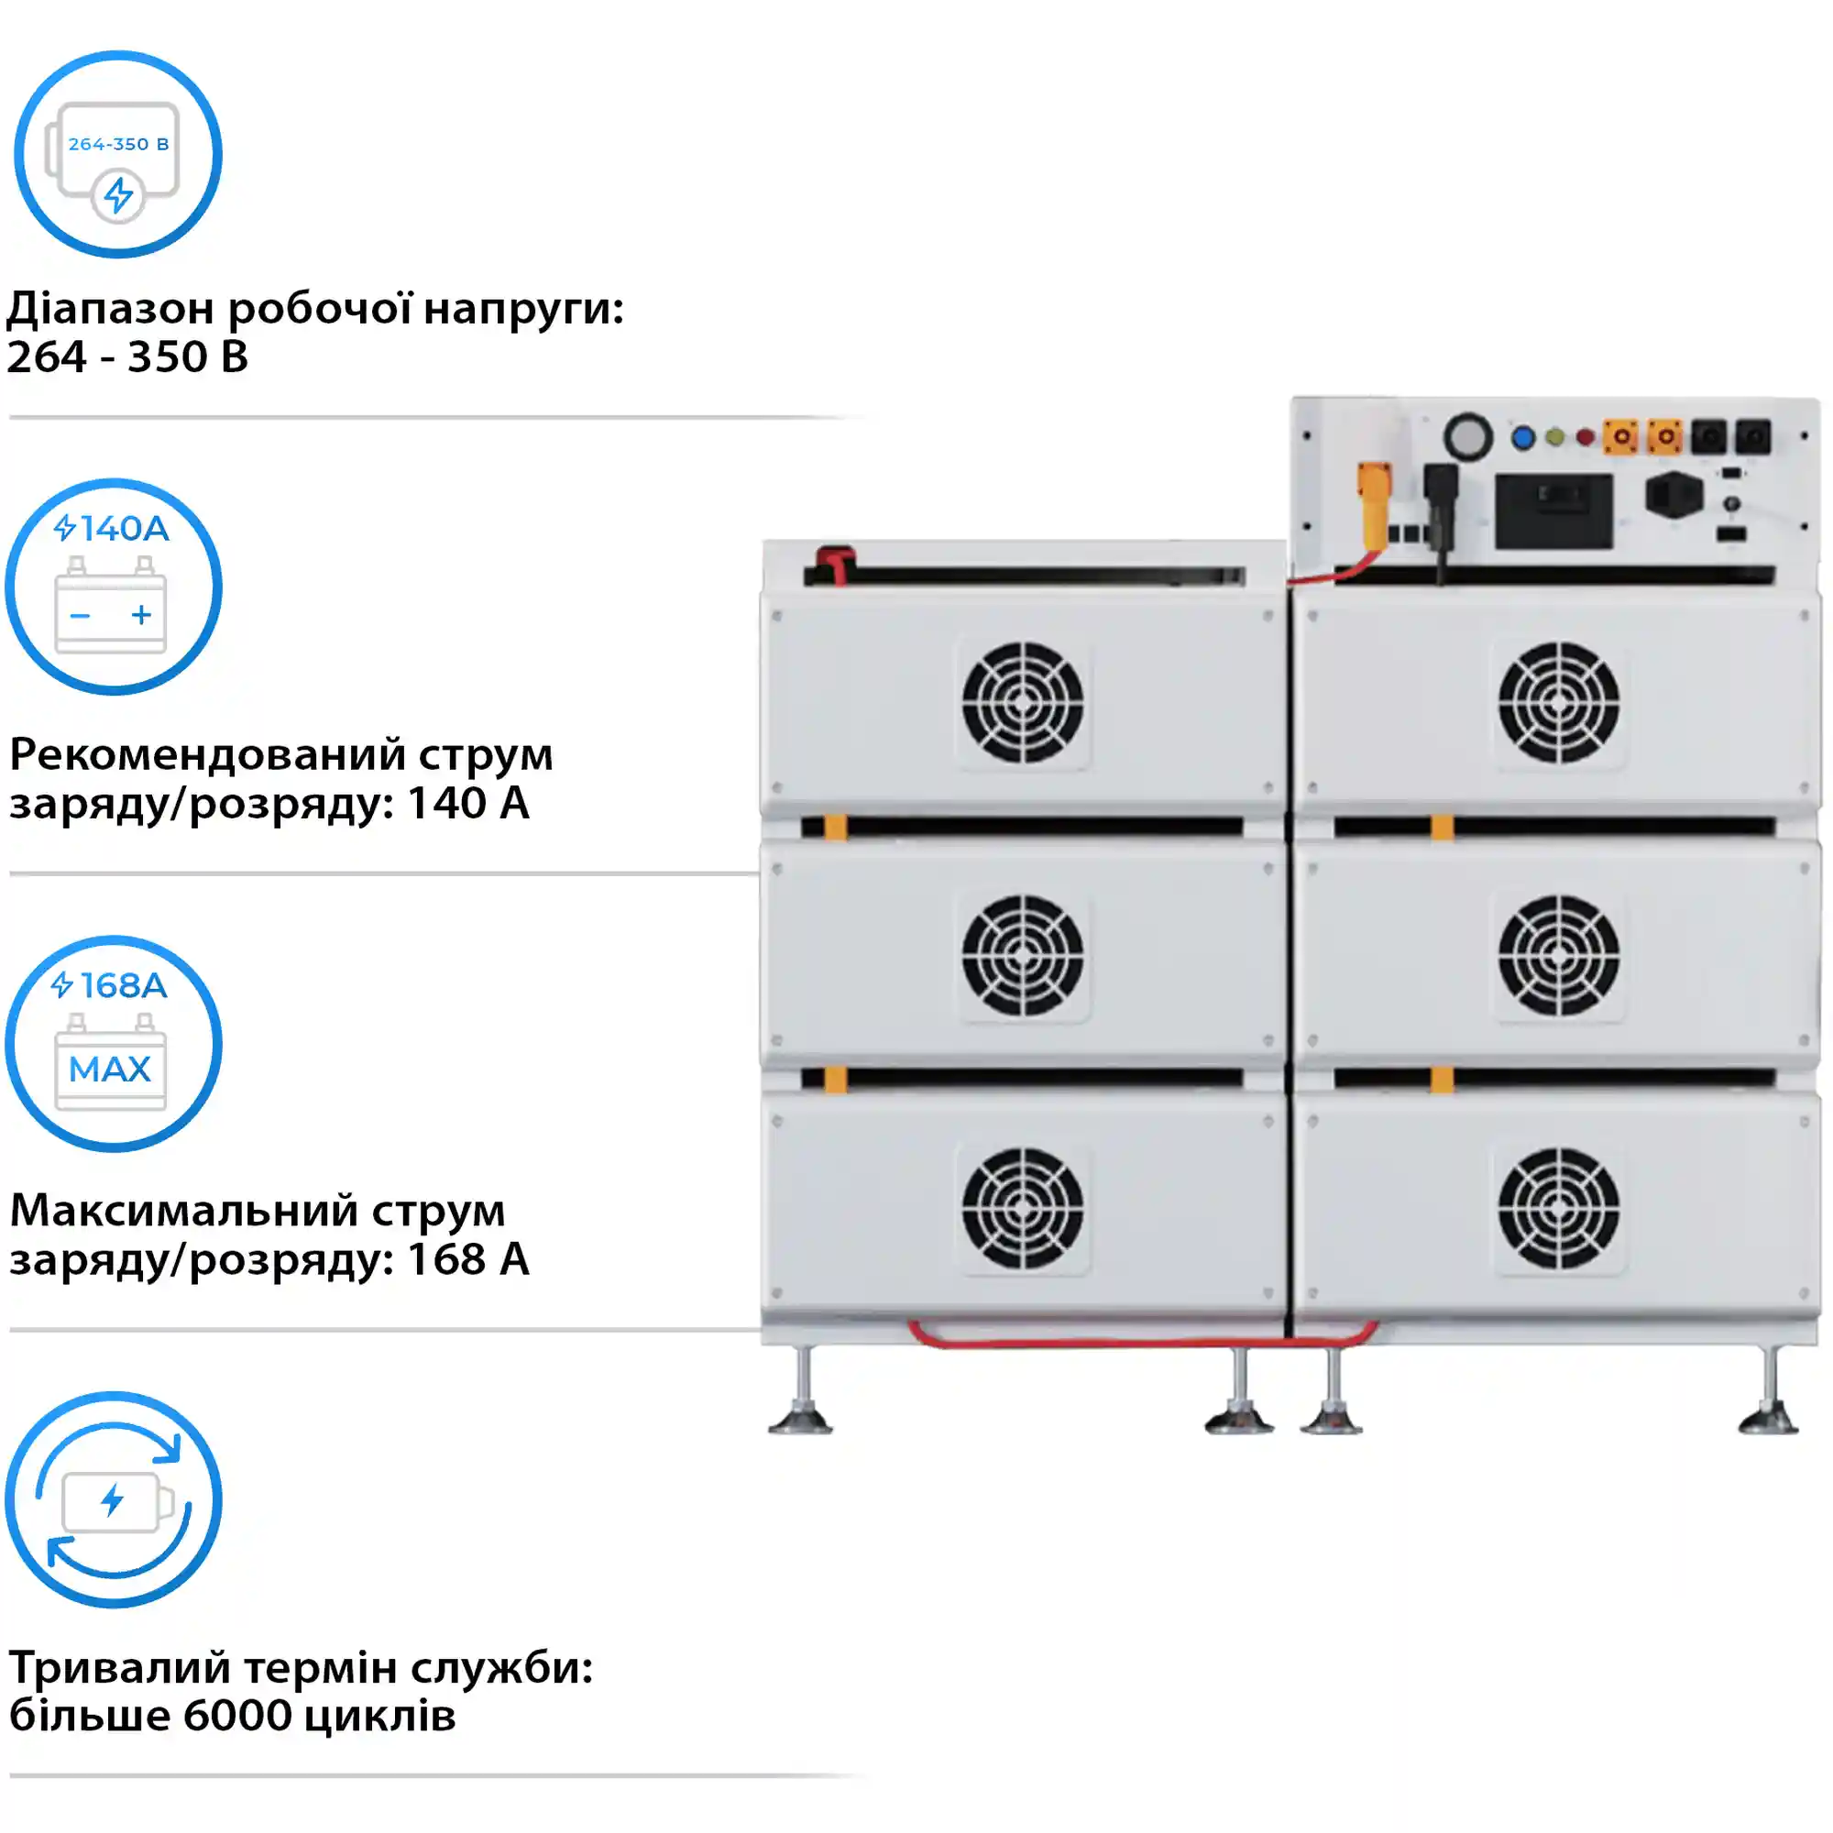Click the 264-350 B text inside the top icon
point(118,144)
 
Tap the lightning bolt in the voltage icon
point(118,195)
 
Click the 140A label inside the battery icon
point(124,529)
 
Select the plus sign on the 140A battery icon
point(141,616)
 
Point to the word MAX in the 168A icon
point(110,1070)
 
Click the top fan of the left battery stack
point(1023,703)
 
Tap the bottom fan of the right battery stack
point(1559,1209)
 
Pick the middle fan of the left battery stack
point(1023,955)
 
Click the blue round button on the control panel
point(1522,437)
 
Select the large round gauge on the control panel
point(1467,437)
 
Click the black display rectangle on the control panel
point(1554,512)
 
